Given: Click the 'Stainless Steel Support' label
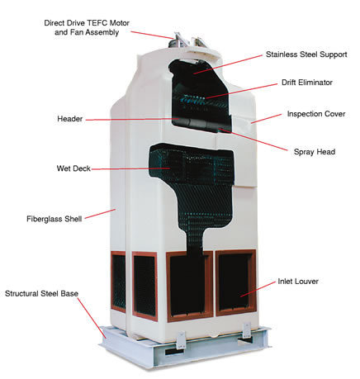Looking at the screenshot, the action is click(x=306, y=54).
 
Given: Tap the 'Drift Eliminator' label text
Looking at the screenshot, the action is click(x=307, y=83).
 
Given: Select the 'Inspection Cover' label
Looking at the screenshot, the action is click(x=316, y=114).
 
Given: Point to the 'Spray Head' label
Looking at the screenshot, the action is click(x=315, y=152).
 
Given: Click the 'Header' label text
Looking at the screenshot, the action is click(x=70, y=119).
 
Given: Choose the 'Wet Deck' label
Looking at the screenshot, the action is click(x=73, y=168).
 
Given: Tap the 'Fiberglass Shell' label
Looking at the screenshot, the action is click(x=54, y=219).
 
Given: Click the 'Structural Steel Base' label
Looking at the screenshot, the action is click(x=41, y=293).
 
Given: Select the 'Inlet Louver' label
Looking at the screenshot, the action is click(x=298, y=282).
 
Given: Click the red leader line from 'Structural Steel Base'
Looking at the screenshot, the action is click(x=92, y=318).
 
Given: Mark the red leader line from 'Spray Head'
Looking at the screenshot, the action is click(x=253, y=140).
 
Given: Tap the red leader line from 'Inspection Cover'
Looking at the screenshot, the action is click(x=266, y=118).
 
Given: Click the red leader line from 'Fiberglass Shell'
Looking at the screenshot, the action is click(x=100, y=214).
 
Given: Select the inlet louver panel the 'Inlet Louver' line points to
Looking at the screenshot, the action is click(x=236, y=282).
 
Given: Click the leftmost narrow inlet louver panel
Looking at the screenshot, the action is click(x=118, y=282).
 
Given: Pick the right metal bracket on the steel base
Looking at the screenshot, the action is click(x=246, y=330).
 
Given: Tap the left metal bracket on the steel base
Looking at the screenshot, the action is click(x=181, y=340).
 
